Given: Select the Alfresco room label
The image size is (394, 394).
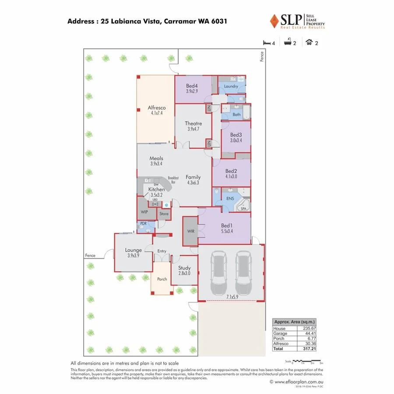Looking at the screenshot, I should coord(156,108).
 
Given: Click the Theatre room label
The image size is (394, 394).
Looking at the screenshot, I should coord(193,123).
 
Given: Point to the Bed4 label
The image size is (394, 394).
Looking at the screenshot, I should coord(192,86).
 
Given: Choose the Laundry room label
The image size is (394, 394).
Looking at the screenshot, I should coord(231,86).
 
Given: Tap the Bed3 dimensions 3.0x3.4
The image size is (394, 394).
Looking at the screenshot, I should coord(236,141).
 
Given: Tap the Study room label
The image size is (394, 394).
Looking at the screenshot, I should coord(184,268).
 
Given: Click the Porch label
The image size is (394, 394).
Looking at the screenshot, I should coord(162,279).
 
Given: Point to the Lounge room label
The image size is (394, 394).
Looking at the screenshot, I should coord(133,250).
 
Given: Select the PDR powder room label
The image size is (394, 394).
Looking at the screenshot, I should coord(143,224).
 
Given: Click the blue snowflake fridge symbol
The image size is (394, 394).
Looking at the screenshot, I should coord(166,204).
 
